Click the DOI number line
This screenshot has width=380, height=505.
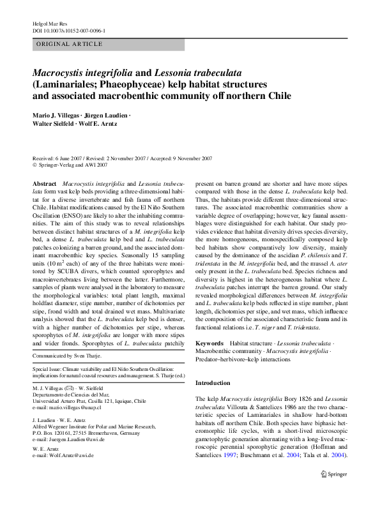(68, 31)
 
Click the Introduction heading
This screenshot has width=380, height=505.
(213, 383)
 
